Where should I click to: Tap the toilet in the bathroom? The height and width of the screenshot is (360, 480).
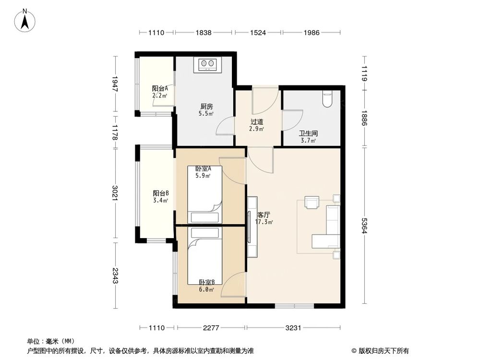pos(328,98)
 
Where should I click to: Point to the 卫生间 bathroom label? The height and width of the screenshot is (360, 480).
pos(308,133)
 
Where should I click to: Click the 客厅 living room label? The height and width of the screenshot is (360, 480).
pos(263,215)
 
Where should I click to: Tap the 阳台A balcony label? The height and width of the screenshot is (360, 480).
pos(160,88)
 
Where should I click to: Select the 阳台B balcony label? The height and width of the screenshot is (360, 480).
pos(160,193)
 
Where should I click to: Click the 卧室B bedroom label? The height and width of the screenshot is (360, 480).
pos(207,282)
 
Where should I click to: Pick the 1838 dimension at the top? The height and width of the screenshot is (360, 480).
pos(204,33)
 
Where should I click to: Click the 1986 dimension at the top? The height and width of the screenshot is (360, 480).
pos(312,33)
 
